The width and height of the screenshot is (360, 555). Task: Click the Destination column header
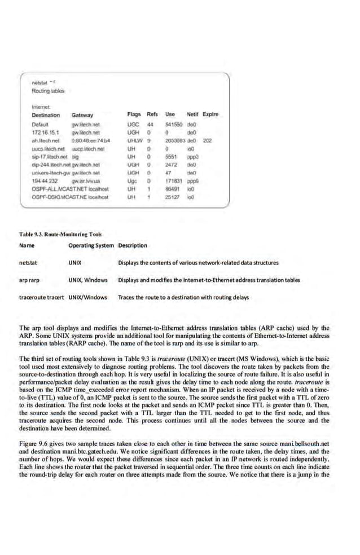tap(46, 114)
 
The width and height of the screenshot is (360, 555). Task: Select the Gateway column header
tap(82, 114)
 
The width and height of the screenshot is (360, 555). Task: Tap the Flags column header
tap(134, 114)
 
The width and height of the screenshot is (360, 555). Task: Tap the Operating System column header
tap(91, 245)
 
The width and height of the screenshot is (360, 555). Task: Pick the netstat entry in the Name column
tap(28, 262)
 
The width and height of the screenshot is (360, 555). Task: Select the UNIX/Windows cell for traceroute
tap(87, 297)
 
